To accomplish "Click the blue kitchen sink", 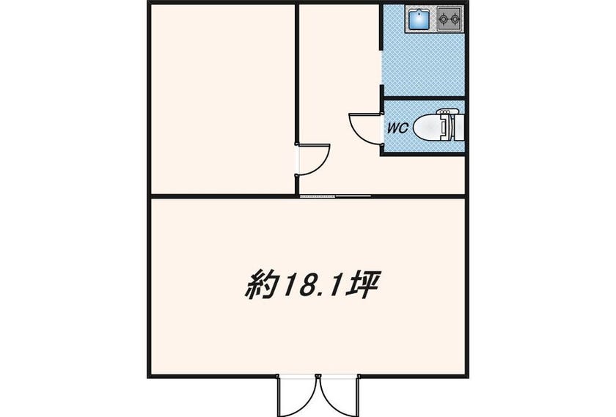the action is (419, 19).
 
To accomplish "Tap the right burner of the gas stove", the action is (455, 18).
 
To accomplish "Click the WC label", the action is (398, 128).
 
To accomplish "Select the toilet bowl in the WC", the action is (428, 128).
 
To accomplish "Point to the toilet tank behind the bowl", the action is (458, 128).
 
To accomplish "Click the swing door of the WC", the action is (364, 129).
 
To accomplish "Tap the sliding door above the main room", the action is (335, 196).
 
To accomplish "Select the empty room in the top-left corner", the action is (223, 100).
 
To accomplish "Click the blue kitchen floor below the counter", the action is (424, 64).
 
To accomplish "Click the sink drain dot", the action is (419, 13).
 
